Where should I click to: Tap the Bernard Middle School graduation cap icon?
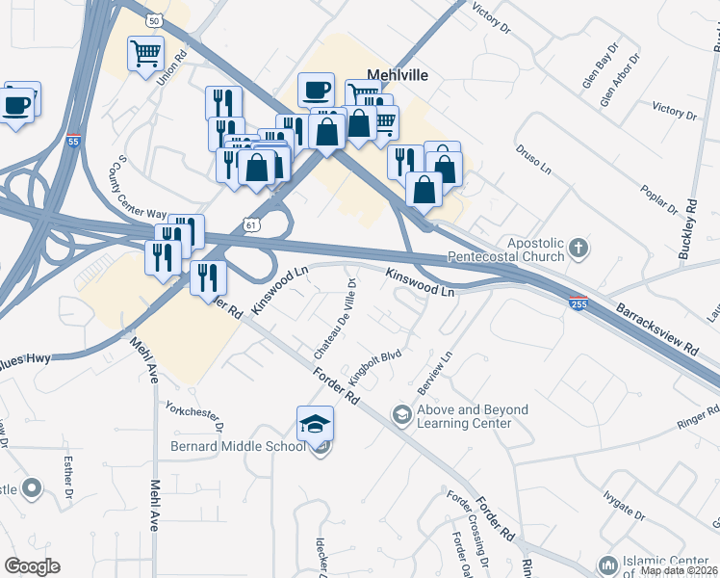(x=315, y=424)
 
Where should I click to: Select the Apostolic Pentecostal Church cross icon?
(x=578, y=249)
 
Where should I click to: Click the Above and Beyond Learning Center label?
(x=472, y=416)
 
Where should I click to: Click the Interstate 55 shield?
(x=74, y=142)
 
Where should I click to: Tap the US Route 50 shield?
(x=154, y=20)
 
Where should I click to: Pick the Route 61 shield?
(x=252, y=223)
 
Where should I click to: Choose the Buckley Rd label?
(x=690, y=222)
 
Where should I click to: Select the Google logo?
(x=33, y=566)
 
